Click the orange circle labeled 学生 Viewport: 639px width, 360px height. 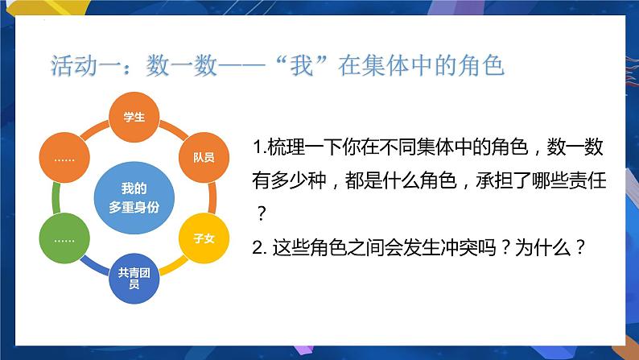(134, 118)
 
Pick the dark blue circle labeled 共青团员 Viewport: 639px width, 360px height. (134, 278)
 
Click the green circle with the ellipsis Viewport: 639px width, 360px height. (64, 238)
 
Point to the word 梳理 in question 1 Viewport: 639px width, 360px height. (281, 150)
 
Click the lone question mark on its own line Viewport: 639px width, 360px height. (260, 215)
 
